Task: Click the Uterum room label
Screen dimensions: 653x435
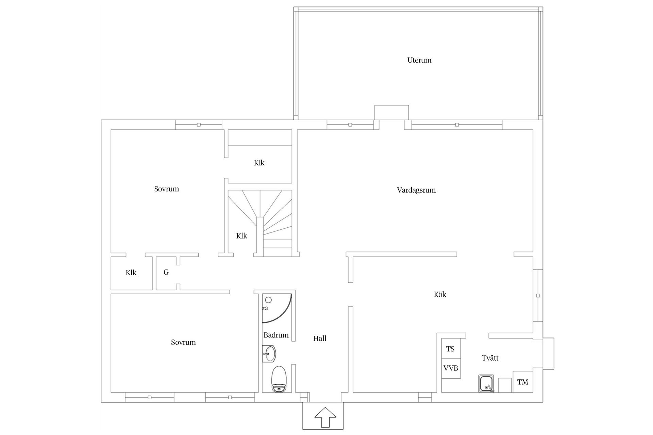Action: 419,60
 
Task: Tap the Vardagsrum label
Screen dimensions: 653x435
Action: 416,190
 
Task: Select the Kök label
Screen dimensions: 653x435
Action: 440,294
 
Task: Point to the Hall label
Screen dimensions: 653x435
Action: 320,338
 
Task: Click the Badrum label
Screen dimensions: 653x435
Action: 276,335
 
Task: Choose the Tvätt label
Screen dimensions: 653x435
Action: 490,358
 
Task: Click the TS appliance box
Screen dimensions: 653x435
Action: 451,349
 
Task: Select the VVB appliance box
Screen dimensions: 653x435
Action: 451,368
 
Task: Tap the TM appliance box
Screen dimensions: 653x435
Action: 523,382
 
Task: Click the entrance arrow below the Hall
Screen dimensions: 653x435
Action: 325,417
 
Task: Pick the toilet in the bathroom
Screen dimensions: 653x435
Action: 280,379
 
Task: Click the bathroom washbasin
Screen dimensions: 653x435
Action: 269,354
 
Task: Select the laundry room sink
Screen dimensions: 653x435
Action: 486,384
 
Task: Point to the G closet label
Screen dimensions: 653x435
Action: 166,272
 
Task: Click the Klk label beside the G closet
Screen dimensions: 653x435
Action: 131,273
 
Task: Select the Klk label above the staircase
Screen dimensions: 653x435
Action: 259,163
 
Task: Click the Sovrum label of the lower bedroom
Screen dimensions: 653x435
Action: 183,342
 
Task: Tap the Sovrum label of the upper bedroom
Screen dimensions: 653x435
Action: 167,189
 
